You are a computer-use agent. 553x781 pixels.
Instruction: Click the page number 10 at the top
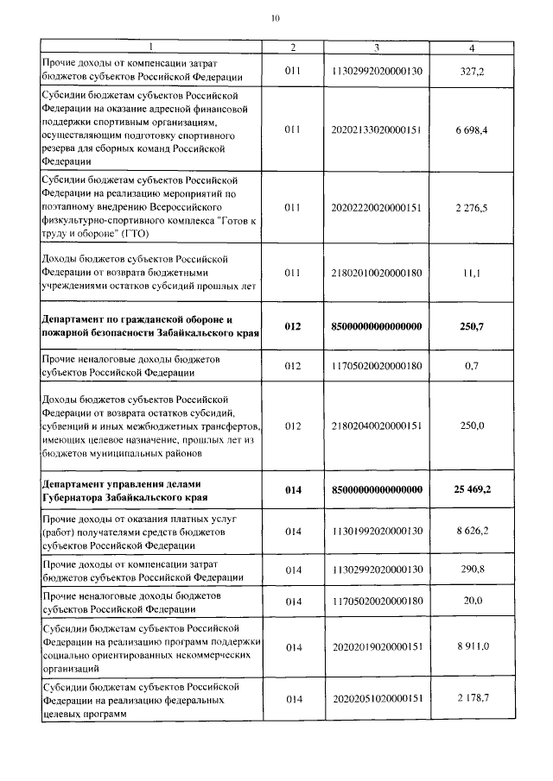(x=275, y=17)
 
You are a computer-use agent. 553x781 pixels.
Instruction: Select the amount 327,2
(x=473, y=71)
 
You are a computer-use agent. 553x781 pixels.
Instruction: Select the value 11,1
(x=473, y=273)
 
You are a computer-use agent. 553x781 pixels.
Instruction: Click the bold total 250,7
(x=472, y=326)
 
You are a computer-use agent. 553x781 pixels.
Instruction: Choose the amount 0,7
(x=472, y=366)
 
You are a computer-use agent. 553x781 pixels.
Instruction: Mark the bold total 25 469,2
(x=472, y=490)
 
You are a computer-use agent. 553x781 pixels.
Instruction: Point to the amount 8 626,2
(x=472, y=531)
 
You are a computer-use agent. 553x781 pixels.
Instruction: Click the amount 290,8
(x=472, y=570)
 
